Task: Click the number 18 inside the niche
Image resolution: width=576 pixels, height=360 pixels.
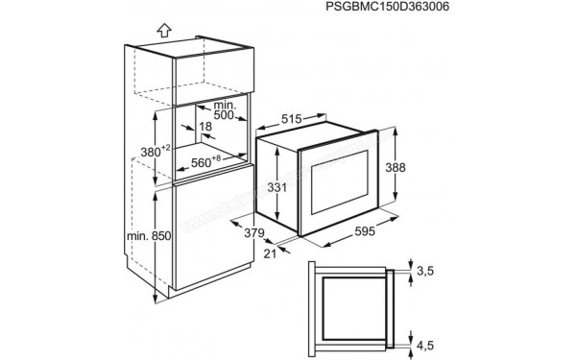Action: click(x=206, y=126)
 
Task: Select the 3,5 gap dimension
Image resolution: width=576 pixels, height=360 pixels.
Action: click(x=424, y=272)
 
